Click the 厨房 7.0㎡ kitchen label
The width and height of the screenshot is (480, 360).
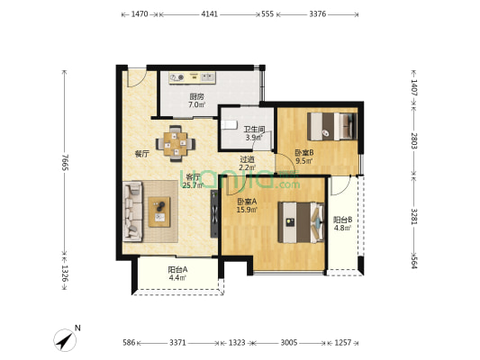click(x=197, y=101)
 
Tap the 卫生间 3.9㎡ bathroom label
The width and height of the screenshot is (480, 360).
click(x=254, y=134)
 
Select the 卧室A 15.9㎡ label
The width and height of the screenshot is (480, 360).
click(x=247, y=205)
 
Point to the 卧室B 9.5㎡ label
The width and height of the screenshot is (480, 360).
click(x=303, y=157)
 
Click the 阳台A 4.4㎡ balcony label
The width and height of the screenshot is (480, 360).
click(x=177, y=274)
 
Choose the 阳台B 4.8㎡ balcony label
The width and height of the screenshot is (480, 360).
click(x=342, y=223)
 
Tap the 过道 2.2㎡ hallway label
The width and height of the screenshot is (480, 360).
click(x=248, y=163)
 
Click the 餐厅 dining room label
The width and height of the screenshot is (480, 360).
click(x=141, y=154)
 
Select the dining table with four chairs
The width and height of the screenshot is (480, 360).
click(x=176, y=143)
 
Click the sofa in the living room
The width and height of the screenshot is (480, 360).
click(x=133, y=211)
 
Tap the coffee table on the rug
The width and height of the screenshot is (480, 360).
click(x=159, y=212)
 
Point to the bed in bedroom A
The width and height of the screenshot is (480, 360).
click(x=301, y=222)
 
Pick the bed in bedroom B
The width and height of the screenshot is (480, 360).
click(x=332, y=127)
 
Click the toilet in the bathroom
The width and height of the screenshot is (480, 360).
click(x=229, y=125)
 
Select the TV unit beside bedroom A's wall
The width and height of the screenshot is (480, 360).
click(x=214, y=214)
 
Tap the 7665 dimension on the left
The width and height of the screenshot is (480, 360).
click(x=65, y=163)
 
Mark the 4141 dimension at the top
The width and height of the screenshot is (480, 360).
click(x=210, y=14)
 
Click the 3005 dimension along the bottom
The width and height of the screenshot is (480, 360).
click(x=289, y=343)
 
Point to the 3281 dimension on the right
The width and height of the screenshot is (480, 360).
click(x=414, y=216)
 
